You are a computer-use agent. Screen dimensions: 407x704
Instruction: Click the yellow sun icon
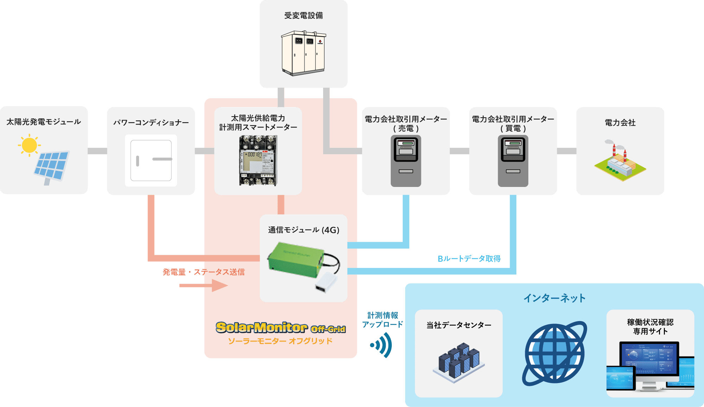pyautogui.click(x=29, y=145)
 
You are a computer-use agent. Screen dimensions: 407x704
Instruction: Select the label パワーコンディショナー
pyautogui.click(x=151, y=123)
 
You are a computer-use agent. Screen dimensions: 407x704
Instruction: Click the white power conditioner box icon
pyautogui.click(x=151, y=161)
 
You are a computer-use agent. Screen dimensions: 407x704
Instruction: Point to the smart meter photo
pyautogui.click(x=258, y=161)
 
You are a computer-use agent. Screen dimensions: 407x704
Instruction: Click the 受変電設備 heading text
pyautogui.click(x=303, y=15)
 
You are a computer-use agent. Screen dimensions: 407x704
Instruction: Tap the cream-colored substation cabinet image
pyautogui.click(x=303, y=53)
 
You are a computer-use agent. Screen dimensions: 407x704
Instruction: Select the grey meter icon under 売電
pyautogui.click(x=406, y=161)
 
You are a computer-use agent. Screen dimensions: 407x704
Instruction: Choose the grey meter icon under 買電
pyautogui.click(x=513, y=161)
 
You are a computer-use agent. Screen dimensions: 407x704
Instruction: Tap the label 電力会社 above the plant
pyautogui.click(x=620, y=123)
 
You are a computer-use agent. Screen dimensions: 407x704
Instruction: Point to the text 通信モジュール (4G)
pyautogui.click(x=303, y=230)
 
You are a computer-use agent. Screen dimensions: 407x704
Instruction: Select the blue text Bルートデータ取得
pyautogui.click(x=469, y=259)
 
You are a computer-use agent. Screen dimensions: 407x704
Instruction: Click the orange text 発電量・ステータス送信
pyautogui.click(x=203, y=272)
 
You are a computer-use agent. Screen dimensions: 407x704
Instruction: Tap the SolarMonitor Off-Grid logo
pyautogui.click(x=281, y=328)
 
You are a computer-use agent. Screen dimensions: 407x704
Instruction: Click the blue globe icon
pyautogui.click(x=554, y=353)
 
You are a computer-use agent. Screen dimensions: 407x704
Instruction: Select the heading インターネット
pyautogui.click(x=554, y=298)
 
